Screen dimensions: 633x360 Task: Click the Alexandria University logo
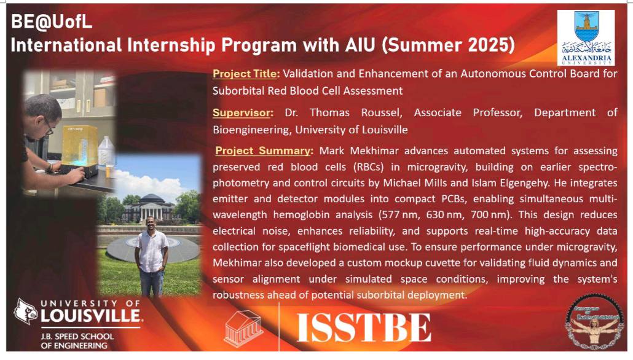pyautogui.click(x=586, y=38)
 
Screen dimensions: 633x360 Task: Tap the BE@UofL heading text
pyautogui.click(x=52, y=22)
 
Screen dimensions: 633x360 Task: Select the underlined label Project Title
pyautogui.click(x=245, y=74)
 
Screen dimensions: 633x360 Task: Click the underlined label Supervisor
pyautogui.click(x=241, y=112)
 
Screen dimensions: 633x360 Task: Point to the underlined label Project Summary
pyautogui.click(x=263, y=151)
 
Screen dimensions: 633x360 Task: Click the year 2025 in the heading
pyautogui.click(x=491, y=45)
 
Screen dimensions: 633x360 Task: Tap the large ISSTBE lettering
pyautogui.click(x=364, y=327)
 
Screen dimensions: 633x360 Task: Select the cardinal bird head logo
pyautogui.click(x=25, y=311)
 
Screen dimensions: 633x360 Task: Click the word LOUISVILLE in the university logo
pyautogui.click(x=91, y=316)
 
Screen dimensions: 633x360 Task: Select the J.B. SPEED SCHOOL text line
pyautogui.click(x=77, y=336)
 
